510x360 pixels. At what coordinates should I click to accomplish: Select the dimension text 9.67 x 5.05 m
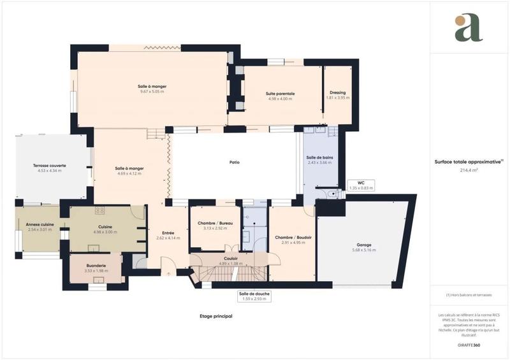pyautogui.click(x=152, y=92)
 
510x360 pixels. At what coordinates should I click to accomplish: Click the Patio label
pyautogui.click(x=235, y=162)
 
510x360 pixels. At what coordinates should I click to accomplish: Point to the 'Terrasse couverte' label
pyautogui.click(x=50, y=166)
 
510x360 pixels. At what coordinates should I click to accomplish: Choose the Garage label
pyautogui.click(x=364, y=245)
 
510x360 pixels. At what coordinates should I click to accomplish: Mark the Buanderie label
pyautogui.click(x=96, y=266)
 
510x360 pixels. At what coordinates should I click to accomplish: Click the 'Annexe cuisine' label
pyautogui.click(x=40, y=225)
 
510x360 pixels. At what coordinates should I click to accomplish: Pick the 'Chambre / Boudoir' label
pyautogui.click(x=293, y=237)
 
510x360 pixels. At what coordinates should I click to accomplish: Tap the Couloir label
pyautogui.click(x=231, y=259)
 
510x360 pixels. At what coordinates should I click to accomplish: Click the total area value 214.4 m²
pyautogui.click(x=469, y=170)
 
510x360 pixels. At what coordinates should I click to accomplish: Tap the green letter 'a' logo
pyautogui.click(x=469, y=29)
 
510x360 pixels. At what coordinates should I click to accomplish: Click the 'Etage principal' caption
pyautogui.click(x=215, y=316)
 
